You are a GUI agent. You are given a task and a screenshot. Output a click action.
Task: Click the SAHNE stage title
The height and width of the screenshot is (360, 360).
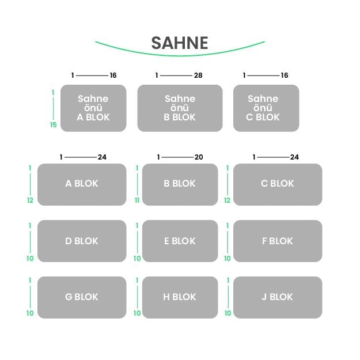pyautogui.click(x=180, y=43)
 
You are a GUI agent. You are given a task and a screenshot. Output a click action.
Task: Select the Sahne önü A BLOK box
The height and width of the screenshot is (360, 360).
pyautogui.click(x=93, y=108)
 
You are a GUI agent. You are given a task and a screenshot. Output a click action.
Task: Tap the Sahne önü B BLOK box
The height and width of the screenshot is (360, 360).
pyautogui.click(x=180, y=108)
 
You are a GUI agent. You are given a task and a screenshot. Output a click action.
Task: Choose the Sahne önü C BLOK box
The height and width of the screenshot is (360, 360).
pyautogui.click(x=266, y=108)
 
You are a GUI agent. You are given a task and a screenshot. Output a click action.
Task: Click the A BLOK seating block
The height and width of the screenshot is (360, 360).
pyautogui.click(x=82, y=184)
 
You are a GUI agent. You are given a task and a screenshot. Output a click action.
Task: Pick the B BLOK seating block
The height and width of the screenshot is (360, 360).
pyautogui.click(x=180, y=184)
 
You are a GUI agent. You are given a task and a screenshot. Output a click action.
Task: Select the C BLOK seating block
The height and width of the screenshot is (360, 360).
pyautogui.click(x=278, y=184)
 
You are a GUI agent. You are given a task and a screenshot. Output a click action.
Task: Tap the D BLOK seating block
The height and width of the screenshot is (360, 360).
pyautogui.click(x=82, y=241)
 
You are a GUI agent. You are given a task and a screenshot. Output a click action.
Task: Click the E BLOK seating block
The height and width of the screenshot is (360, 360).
pyautogui.click(x=180, y=241)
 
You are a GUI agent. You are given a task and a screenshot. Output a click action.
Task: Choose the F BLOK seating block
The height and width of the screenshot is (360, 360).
pyautogui.click(x=278, y=241)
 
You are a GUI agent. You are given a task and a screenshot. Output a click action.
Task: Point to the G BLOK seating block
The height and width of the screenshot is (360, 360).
pyautogui.click(x=82, y=297)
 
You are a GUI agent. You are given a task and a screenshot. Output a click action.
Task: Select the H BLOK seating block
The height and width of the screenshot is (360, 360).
pyautogui.click(x=180, y=297)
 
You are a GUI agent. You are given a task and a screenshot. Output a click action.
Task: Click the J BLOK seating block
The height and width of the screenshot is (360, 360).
pyautogui.click(x=278, y=297)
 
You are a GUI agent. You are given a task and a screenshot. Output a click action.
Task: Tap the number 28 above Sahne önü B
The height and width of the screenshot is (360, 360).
pyautogui.click(x=198, y=75)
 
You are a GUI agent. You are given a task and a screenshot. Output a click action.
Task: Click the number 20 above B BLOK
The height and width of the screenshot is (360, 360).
pyautogui.click(x=199, y=157)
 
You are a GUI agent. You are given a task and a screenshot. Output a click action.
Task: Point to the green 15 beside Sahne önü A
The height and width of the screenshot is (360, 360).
pyautogui.click(x=54, y=125)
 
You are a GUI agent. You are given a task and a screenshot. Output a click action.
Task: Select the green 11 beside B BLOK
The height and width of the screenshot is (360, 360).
pyautogui.click(x=137, y=200)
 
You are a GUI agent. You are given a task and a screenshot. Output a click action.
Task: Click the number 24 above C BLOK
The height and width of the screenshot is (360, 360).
pyautogui.click(x=294, y=157)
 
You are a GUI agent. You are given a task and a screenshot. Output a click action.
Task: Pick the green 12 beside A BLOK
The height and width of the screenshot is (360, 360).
pyautogui.click(x=30, y=200)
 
